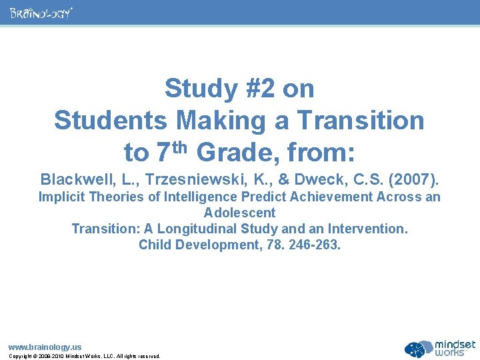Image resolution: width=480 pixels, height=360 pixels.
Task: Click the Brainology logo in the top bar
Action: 41,13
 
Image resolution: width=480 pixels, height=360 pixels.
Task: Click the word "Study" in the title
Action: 198,88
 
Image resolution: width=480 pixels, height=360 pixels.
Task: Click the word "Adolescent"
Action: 240,213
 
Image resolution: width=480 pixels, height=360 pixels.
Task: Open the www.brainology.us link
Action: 45,347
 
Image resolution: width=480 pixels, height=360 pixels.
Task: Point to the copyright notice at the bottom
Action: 84,356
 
